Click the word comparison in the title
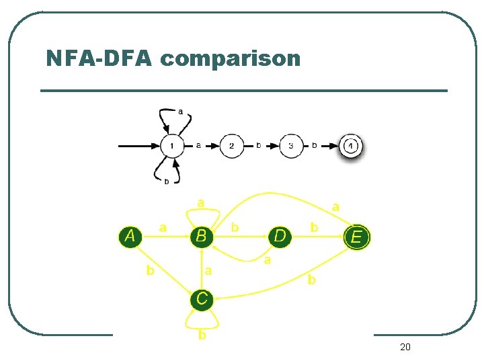(x=231, y=59)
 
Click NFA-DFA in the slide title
(x=100, y=58)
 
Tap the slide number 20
(x=405, y=347)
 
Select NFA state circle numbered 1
(x=172, y=145)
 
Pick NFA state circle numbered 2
(x=232, y=145)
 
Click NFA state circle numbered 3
(x=291, y=145)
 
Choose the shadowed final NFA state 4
(x=351, y=145)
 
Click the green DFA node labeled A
(x=130, y=235)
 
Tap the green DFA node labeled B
(x=201, y=236)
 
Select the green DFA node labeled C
(x=202, y=297)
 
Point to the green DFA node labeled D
(x=280, y=236)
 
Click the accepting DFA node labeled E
(x=356, y=237)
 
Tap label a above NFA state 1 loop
(x=180, y=112)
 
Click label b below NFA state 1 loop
(x=167, y=182)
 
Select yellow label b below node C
(x=202, y=335)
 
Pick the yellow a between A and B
(x=163, y=228)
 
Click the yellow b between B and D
(x=235, y=228)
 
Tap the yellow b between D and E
(x=314, y=228)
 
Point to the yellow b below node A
(x=151, y=270)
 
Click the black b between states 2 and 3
(x=259, y=145)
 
